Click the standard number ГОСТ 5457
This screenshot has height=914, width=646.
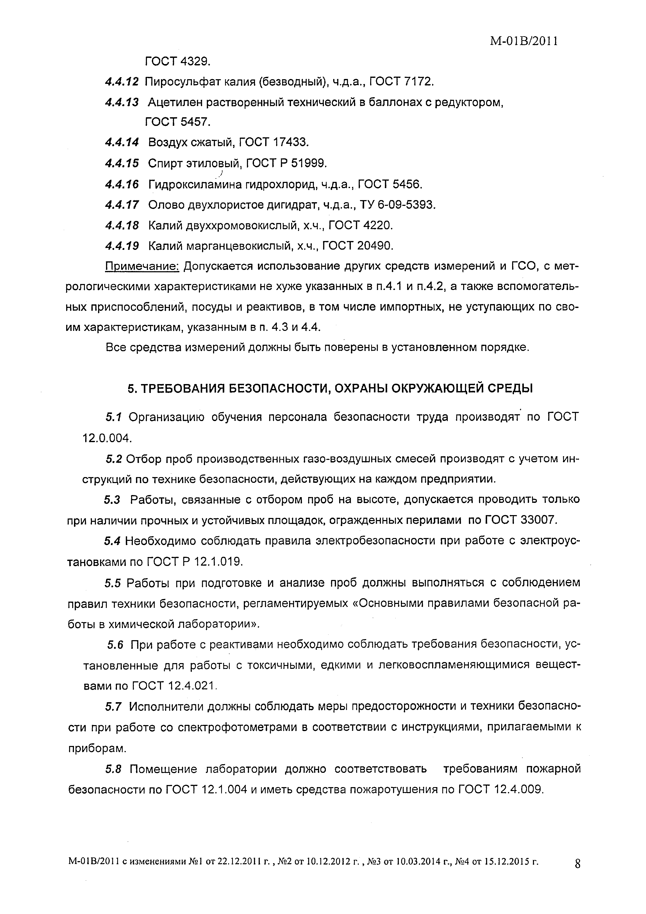[178, 122]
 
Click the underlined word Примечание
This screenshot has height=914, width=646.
[142, 266]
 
